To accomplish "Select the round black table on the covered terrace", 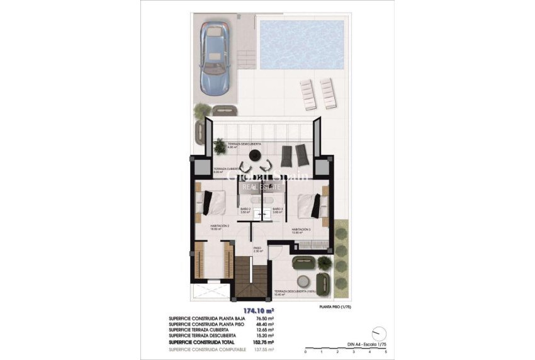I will pyautogui.click(x=255, y=156).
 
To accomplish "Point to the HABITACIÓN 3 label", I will pyautogui.click(x=301, y=230).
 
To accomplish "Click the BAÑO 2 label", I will pyautogui.click(x=245, y=210).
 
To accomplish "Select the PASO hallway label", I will pyautogui.click(x=257, y=249).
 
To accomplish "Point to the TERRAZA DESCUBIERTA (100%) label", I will pyautogui.click(x=295, y=292).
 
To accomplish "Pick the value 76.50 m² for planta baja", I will pyautogui.click(x=266, y=319).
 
